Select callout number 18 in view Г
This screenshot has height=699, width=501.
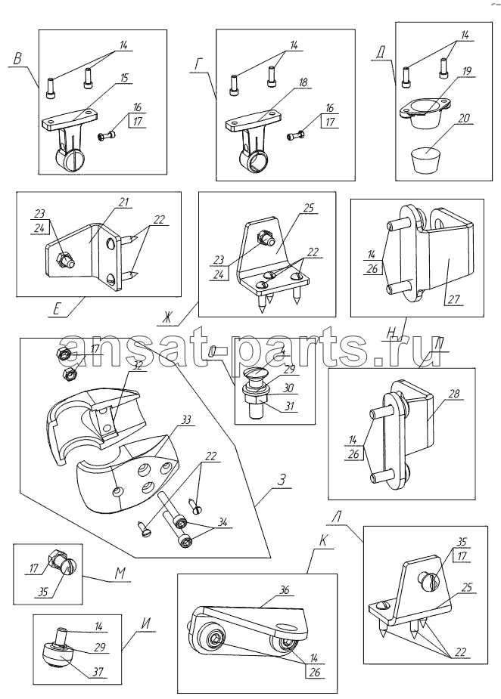pyautogui.click(x=303, y=82)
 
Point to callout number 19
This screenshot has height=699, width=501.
pyautogui.click(x=467, y=72)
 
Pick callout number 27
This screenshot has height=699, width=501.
pyautogui.click(x=453, y=299)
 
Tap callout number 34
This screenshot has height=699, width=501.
pyautogui.click(x=221, y=521)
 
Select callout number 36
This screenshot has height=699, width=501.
pyautogui.click(x=284, y=590)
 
